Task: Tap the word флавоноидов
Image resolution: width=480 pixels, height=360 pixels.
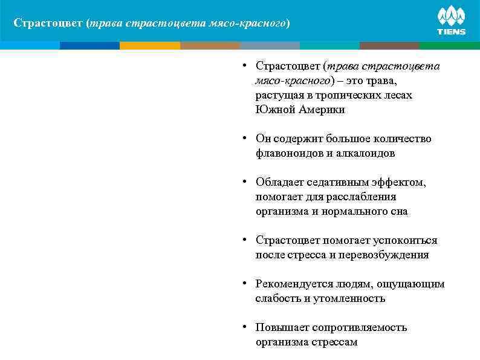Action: pyautogui.click(x=290, y=154)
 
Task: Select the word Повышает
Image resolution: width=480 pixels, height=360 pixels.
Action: pyautogui.click(x=281, y=328)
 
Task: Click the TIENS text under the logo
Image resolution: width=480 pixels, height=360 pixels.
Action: pyautogui.click(x=451, y=32)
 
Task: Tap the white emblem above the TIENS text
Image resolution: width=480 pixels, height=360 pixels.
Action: pyautogui.click(x=451, y=16)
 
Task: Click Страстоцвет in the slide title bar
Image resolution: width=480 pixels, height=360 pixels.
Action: pyautogui.click(x=48, y=24)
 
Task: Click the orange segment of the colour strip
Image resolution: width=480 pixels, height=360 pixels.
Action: pyautogui.click(x=150, y=45)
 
